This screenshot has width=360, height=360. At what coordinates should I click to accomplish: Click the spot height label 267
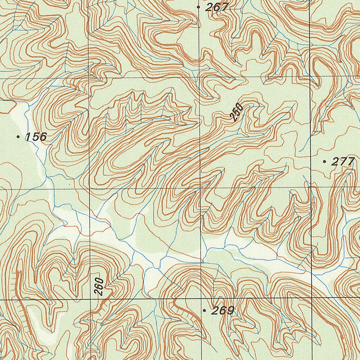[217, 7]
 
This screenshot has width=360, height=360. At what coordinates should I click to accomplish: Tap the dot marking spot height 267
[199, 7]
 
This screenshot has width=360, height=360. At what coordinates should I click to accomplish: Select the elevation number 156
[36, 137]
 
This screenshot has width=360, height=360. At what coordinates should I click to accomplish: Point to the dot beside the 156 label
[18, 136]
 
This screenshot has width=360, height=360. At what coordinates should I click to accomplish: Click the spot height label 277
[343, 162]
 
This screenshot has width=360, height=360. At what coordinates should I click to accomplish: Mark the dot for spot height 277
[324, 162]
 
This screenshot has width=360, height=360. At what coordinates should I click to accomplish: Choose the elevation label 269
[223, 311]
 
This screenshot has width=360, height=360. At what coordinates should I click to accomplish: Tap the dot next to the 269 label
[204, 311]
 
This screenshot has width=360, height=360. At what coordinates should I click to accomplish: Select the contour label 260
[99, 287]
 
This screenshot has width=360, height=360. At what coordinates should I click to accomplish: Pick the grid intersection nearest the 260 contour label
[91, 300]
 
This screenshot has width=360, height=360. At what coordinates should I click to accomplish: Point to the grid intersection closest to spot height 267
[199, 77]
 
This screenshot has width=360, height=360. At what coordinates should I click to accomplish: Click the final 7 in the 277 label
[350, 162]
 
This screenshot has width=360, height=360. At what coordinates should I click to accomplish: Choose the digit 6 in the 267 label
[217, 7]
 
